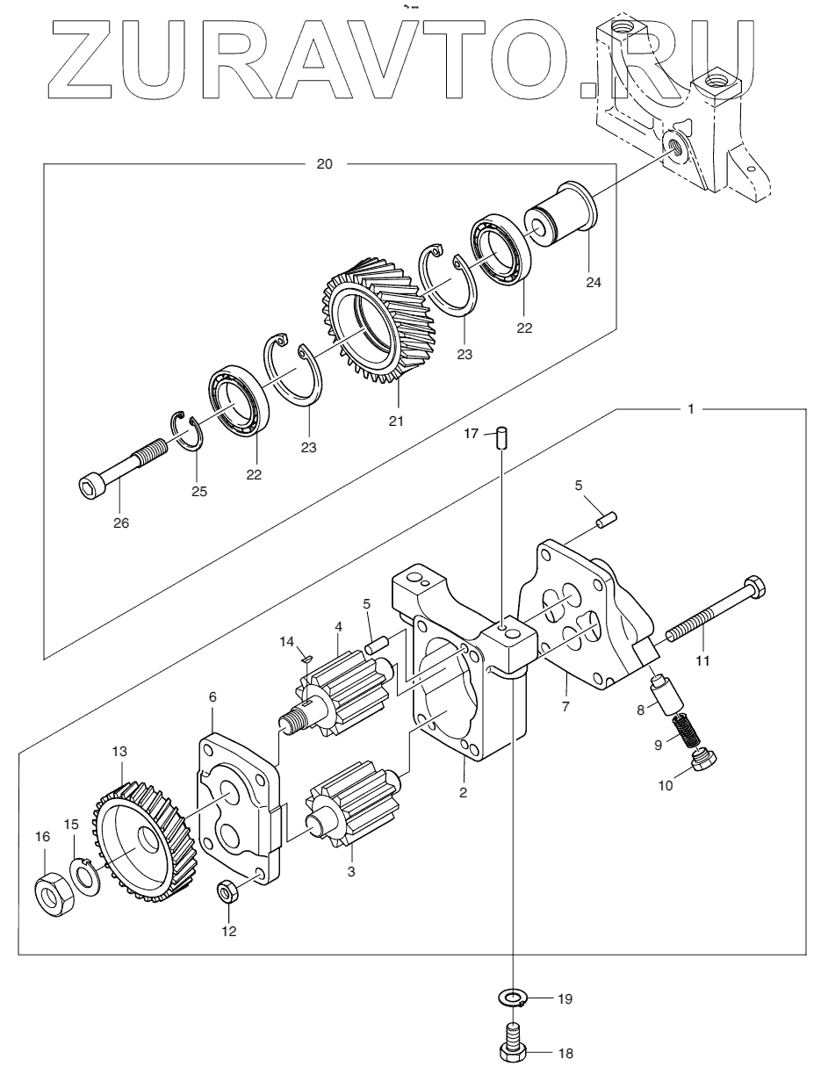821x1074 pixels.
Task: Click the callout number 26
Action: click(x=121, y=523)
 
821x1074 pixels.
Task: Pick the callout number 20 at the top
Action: click(x=324, y=164)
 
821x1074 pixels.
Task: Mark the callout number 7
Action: click(x=565, y=707)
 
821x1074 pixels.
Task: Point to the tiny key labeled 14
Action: click(x=306, y=658)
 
